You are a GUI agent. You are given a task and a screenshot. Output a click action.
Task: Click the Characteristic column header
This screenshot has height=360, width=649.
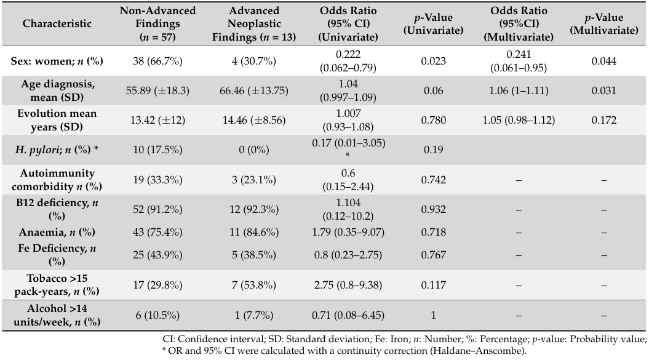[x=57, y=23]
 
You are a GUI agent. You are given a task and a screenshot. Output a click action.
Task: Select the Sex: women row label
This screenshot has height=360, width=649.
[x=57, y=61]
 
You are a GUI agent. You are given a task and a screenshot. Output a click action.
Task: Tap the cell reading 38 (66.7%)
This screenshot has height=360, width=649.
[x=157, y=61]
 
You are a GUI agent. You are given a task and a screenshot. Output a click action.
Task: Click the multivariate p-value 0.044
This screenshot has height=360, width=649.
[x=604, y=61]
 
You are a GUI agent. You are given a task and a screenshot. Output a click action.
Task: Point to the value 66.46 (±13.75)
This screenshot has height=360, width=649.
[x=253, y=90]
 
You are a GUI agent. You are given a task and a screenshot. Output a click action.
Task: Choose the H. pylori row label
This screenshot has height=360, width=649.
[x=57, y=150]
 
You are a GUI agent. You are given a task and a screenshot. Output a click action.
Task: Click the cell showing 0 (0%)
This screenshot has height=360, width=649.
[x=253, y=150]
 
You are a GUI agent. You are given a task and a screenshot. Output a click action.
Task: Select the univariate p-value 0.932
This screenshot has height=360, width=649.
[x=433, y=209]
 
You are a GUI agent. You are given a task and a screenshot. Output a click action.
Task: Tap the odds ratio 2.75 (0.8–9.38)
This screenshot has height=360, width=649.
[x=348, y=285]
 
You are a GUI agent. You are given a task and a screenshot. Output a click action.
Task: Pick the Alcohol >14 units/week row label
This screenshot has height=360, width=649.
[x=57, y=315]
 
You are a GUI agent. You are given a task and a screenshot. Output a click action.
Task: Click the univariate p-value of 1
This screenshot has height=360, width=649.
[x=433, y=315]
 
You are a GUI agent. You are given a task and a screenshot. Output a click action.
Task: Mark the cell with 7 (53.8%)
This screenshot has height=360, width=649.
[x=253, y=285]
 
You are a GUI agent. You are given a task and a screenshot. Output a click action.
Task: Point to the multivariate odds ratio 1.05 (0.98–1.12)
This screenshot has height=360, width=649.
[x=518, y=120]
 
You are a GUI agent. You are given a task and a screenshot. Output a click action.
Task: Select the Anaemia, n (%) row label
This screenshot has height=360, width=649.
[x=57, y=232]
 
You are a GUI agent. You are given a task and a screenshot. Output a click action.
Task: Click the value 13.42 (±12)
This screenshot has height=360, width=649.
[x=157, y=120]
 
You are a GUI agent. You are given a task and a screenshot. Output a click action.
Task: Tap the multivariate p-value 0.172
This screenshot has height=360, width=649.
[x=604, y=120]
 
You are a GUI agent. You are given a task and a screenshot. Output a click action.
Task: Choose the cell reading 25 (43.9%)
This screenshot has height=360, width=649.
[x=157, y=255]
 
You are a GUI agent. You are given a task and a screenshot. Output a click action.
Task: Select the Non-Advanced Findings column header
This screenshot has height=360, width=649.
[x=157, y=23]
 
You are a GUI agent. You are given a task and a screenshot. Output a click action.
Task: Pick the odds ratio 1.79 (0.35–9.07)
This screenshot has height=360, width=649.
[x=348, y=232]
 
